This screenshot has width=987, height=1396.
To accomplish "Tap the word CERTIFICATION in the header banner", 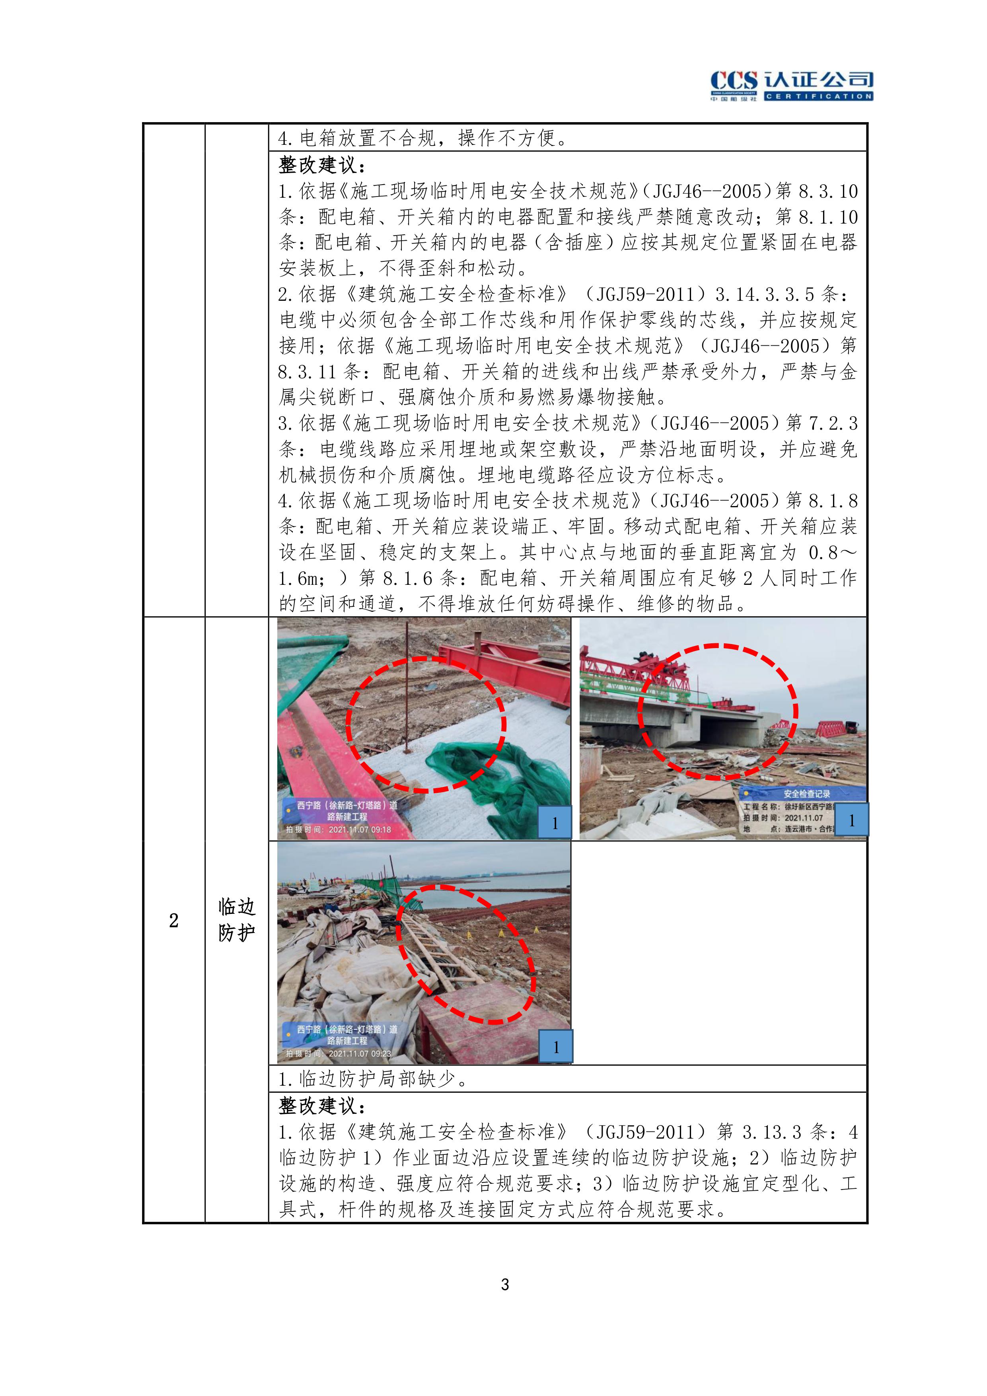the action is (819, 96).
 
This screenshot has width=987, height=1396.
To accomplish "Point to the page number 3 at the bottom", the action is (505, 1284).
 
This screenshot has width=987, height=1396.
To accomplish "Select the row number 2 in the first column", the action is (174, 921).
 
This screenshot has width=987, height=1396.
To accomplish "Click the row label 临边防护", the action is (237, 919).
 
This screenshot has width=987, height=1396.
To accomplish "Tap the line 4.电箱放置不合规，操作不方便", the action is (423, 138).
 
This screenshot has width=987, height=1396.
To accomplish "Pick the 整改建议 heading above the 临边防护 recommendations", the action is (322, 1105).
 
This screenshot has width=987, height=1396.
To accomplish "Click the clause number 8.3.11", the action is (307, 372).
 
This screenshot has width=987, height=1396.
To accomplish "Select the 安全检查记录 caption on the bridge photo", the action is (806, 793).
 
